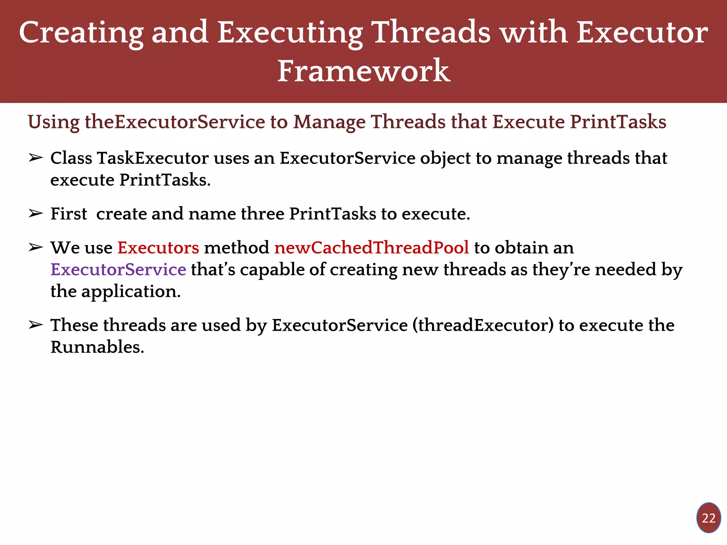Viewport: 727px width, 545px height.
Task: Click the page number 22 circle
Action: click(708, 518)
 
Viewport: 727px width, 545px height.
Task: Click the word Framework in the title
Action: click(363, 71)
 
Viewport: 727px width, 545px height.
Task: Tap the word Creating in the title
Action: click(81, 33)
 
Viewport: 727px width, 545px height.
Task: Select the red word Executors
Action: click(158, 248)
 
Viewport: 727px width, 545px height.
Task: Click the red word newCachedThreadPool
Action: click(371, 248)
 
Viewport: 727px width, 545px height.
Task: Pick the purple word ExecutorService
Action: click(118, 270)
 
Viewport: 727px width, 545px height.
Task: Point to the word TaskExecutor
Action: click(153, 158)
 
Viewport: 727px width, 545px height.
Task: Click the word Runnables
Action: click(97, 347)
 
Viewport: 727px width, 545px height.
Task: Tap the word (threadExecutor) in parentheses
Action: click(483, 325)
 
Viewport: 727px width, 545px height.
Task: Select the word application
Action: click(131, 292)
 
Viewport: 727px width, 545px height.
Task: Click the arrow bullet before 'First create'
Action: click(36, 214)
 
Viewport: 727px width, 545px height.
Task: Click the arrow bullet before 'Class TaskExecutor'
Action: click(36, 158)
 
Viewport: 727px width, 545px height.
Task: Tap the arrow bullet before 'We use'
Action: click(36, 248)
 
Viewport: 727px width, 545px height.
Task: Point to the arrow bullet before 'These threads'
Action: click(36, 325)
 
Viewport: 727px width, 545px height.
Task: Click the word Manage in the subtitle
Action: click(329, 122)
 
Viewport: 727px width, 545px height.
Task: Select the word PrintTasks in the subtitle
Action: click(618, 122)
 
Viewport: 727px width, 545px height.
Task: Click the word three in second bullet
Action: click(262, 214)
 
